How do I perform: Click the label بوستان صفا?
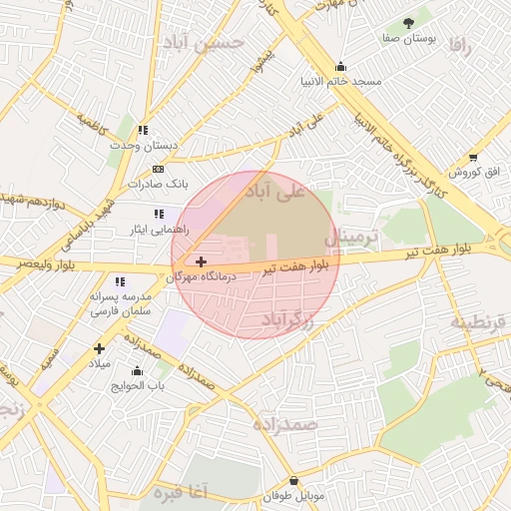point(407,37)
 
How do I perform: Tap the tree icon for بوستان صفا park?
point(407,22)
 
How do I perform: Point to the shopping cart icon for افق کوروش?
point(472,157)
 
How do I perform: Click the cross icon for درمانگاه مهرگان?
point(201,260)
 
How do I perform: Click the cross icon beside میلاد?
point(98,348)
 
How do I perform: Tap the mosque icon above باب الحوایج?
point(138,371)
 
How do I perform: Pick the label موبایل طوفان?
point(294,496)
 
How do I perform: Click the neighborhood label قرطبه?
point(479,321)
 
